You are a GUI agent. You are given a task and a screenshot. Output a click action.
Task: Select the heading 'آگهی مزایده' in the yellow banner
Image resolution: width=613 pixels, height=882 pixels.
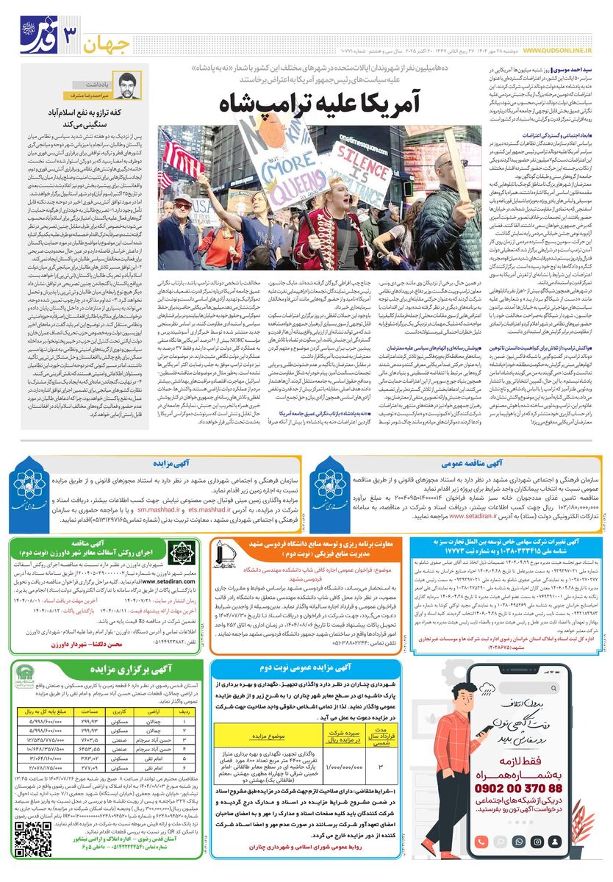click(173, 464)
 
